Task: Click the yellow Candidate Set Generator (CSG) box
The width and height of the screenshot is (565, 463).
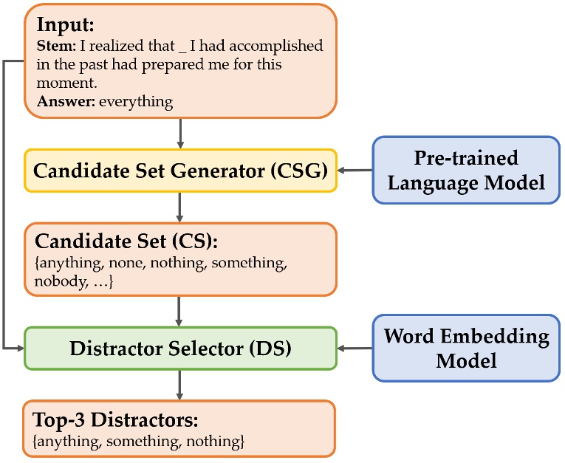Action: (x=180, y=171)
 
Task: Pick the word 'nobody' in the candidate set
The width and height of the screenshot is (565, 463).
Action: (x=56, y=281)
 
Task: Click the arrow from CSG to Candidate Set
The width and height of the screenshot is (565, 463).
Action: (x=180, y=208)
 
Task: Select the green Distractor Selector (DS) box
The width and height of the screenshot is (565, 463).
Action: (x=180, y=348)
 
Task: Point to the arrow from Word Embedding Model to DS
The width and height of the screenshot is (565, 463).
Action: (x=355, y=348)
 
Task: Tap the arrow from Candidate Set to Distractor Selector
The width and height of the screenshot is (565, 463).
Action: (x=180, y=311)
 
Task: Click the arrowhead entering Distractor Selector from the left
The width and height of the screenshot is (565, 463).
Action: (x=20, y=348)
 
